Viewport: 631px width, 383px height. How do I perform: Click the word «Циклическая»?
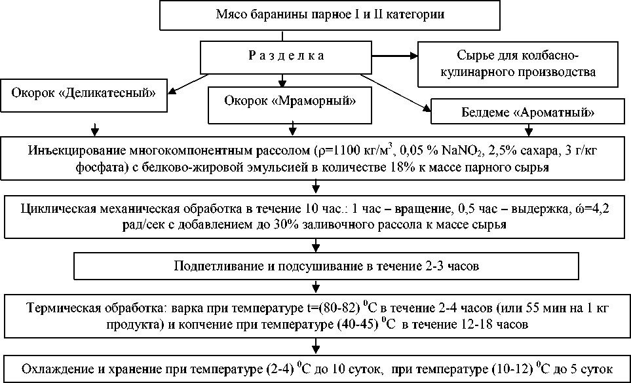54,210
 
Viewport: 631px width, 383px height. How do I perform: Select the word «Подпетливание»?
210,266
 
